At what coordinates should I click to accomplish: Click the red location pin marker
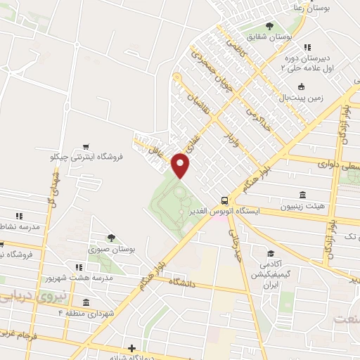point(181,165)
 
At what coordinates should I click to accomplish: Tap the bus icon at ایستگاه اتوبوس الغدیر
point(224,199)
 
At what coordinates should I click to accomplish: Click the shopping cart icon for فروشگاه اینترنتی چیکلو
point(86,147)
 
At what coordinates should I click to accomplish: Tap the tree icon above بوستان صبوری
point(111,238)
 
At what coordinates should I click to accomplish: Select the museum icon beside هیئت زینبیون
point(302,195)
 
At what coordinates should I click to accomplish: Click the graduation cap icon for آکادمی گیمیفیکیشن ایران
point(270,253)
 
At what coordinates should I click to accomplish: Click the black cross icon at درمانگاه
point(131,347)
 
